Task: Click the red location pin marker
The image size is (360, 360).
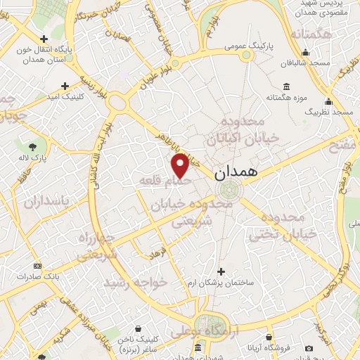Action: [x=180, y=165]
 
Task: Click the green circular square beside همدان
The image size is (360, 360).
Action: [x=229, y=191]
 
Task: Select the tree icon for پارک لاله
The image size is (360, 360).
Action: [x=33, y=146]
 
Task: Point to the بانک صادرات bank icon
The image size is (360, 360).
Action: [x=37, y=266]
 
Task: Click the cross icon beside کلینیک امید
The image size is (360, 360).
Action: [x=65, y=86]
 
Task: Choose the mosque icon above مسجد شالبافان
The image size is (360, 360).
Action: [x=306, y=52]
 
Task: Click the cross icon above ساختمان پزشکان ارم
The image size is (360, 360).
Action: [x=221, y=271]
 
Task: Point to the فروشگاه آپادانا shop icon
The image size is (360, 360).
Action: [x=309, y=347]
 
